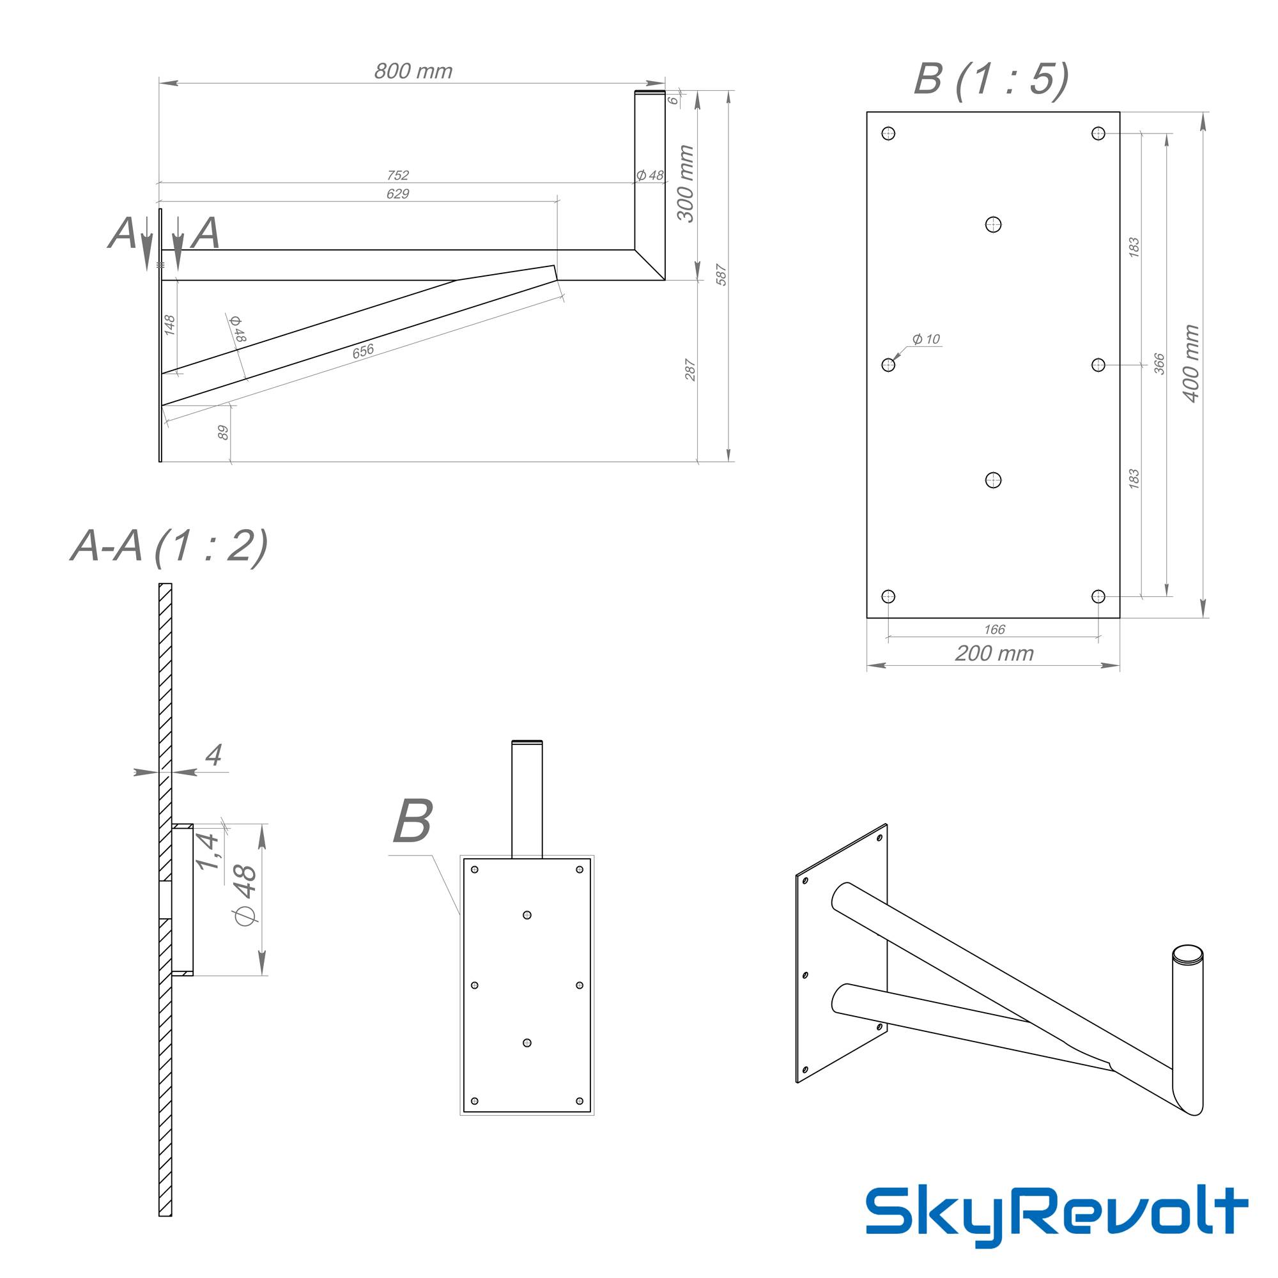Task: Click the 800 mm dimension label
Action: pos(413,71)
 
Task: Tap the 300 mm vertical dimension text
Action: pos(685,183)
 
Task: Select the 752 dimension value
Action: pos(397,175)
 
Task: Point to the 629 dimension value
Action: pos(397,194)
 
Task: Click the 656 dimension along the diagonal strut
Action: pos(362,351)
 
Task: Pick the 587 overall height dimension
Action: pos(721,275)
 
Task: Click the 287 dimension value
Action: pos(690,370)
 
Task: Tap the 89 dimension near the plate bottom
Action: pos(223,433)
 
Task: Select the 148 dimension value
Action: pos(169,325)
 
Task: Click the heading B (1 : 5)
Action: pos(991,79)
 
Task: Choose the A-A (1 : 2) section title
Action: pos(169,546)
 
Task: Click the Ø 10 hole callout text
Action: pos(925,339)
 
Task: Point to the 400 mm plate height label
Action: pos(1190,363)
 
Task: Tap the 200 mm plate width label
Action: pos(994,654)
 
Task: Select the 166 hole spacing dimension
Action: pos(994,629)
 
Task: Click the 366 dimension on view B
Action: pos(1159,364)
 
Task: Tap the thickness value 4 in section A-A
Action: pos(213,755)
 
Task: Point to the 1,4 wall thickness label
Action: pos(206,852)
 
